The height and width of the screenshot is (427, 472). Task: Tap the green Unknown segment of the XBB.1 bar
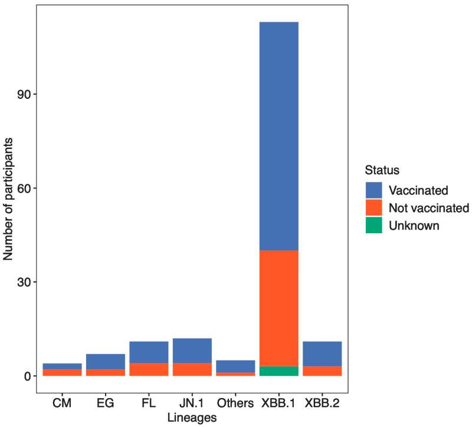[x=278, y=371]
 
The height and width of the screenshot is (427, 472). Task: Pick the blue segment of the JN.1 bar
[x=192, y=350]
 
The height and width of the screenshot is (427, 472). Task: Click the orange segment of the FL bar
[x=149, y=369]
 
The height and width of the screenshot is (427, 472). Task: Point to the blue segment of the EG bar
[x=106, y=361]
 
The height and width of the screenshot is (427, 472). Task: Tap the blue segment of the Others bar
[x=235, y=366]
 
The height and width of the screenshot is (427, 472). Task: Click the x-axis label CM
[x=62, y=405]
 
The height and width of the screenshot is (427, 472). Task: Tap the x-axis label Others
[x=235, y=405]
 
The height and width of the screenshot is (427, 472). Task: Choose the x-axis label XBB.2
[x=322, y=405]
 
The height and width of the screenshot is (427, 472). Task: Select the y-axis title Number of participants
[x=8, y=198]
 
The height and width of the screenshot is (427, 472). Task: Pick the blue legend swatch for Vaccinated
[x=374, y=190]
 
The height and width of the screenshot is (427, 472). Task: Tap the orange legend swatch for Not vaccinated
[x=374, y=207]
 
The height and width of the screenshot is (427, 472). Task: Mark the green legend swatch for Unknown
[x=374, y=225]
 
